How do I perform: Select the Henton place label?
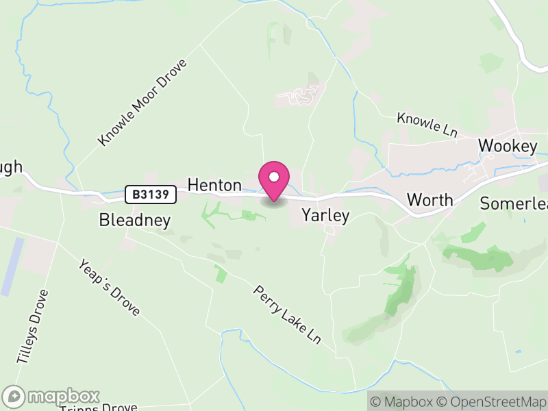(214, 185)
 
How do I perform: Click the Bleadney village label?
(134, 220)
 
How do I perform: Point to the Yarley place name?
(326, 216)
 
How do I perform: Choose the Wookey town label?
(508, 146)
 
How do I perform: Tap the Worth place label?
(429, 200)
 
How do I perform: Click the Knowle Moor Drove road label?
(142, 102)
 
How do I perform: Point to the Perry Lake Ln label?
(287, 314)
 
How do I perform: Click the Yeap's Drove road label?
(110, 287)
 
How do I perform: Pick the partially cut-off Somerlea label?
(514, 203)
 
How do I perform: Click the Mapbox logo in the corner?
(52, 397)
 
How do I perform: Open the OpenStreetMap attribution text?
(492, 402)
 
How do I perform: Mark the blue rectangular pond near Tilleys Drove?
(12, 266)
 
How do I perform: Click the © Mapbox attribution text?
(401, 402)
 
